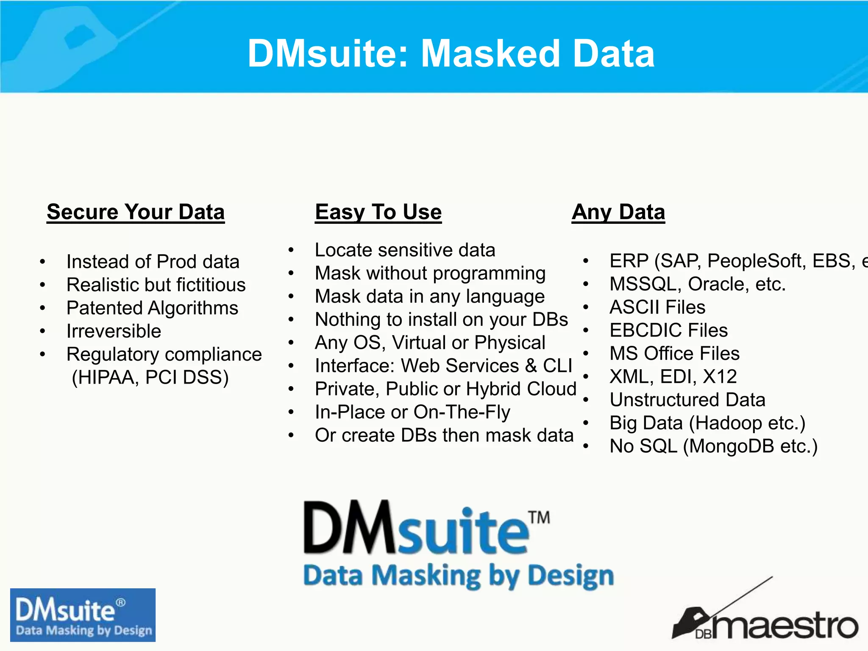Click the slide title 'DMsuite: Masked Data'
(x=451, y=53)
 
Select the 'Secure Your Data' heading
(x=136, y=211)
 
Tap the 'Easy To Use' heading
(x=378, y=211)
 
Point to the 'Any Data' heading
(x=618, y=211)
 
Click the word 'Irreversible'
(x=114, y=331)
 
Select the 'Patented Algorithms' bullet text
(x=152, y=308)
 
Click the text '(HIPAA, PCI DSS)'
(x=150, y=377)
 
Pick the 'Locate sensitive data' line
(x=405, y=250)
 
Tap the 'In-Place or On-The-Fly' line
(x=412, y=412)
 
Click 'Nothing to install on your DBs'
(x=441, y=320)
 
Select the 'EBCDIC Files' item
(x=668, y=330)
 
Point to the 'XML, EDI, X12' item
(x=673, y=376)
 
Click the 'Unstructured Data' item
(x=687, y=400)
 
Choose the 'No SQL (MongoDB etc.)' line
(x=714, y=446)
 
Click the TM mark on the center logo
(x=539, y=517)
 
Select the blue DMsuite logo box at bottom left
(x=83, y=615)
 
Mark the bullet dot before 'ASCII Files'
(x=586, y=307)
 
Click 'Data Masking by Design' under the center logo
(x=459, y=576)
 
